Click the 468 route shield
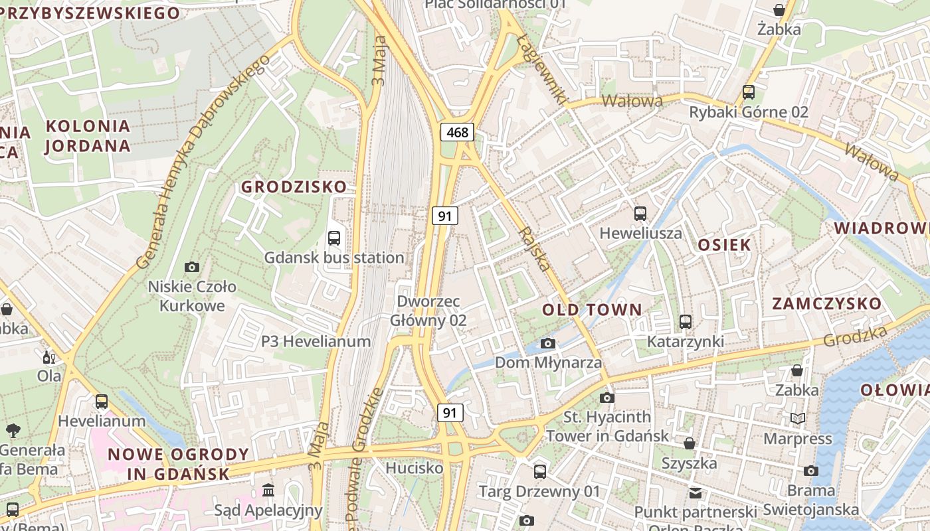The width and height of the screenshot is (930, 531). coord(457,132)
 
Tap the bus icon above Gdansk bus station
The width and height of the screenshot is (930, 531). coord(334,238)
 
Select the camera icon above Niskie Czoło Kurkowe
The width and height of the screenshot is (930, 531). coord(192,267)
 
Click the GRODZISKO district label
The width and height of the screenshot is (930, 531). coord(294,187)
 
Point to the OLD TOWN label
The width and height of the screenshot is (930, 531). coord(592,310)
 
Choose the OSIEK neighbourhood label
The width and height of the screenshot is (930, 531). coord(724,245)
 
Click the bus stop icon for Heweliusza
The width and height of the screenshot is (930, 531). coord(640,214)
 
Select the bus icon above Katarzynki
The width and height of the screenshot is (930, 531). coord(686,322)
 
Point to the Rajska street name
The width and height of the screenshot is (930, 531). coord(536,249)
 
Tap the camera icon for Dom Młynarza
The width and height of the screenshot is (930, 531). coord(548,343)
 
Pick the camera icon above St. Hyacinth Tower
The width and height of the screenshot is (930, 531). coord(606,398)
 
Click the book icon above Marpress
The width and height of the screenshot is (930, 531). coord(798,418)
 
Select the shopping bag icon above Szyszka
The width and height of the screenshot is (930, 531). coord(690,443)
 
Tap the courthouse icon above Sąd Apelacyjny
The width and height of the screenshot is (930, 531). coord(268,491)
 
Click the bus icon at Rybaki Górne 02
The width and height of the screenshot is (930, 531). coord(749,92)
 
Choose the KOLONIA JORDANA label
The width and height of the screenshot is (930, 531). coord(87,136)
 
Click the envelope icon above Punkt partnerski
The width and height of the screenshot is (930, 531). coord(695,493)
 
